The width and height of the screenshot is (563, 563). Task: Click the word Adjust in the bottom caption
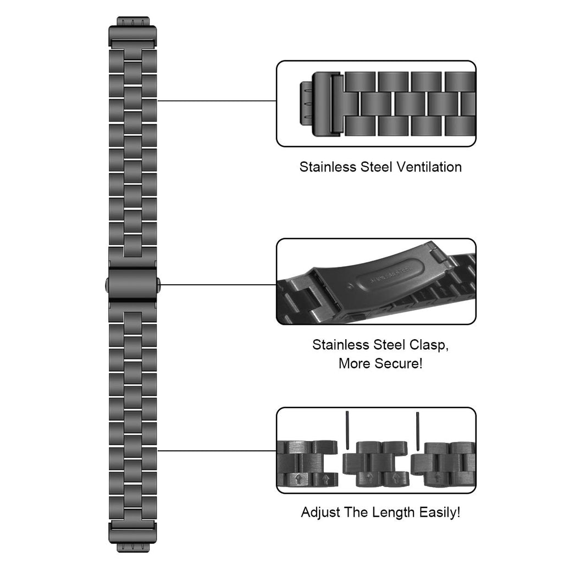point(321,513)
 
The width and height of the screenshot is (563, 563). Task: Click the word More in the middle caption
point(355,363)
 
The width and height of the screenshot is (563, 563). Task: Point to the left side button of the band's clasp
point(106,284)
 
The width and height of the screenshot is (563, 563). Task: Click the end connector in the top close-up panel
point(318,103)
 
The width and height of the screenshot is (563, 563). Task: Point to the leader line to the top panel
point(217,101)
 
